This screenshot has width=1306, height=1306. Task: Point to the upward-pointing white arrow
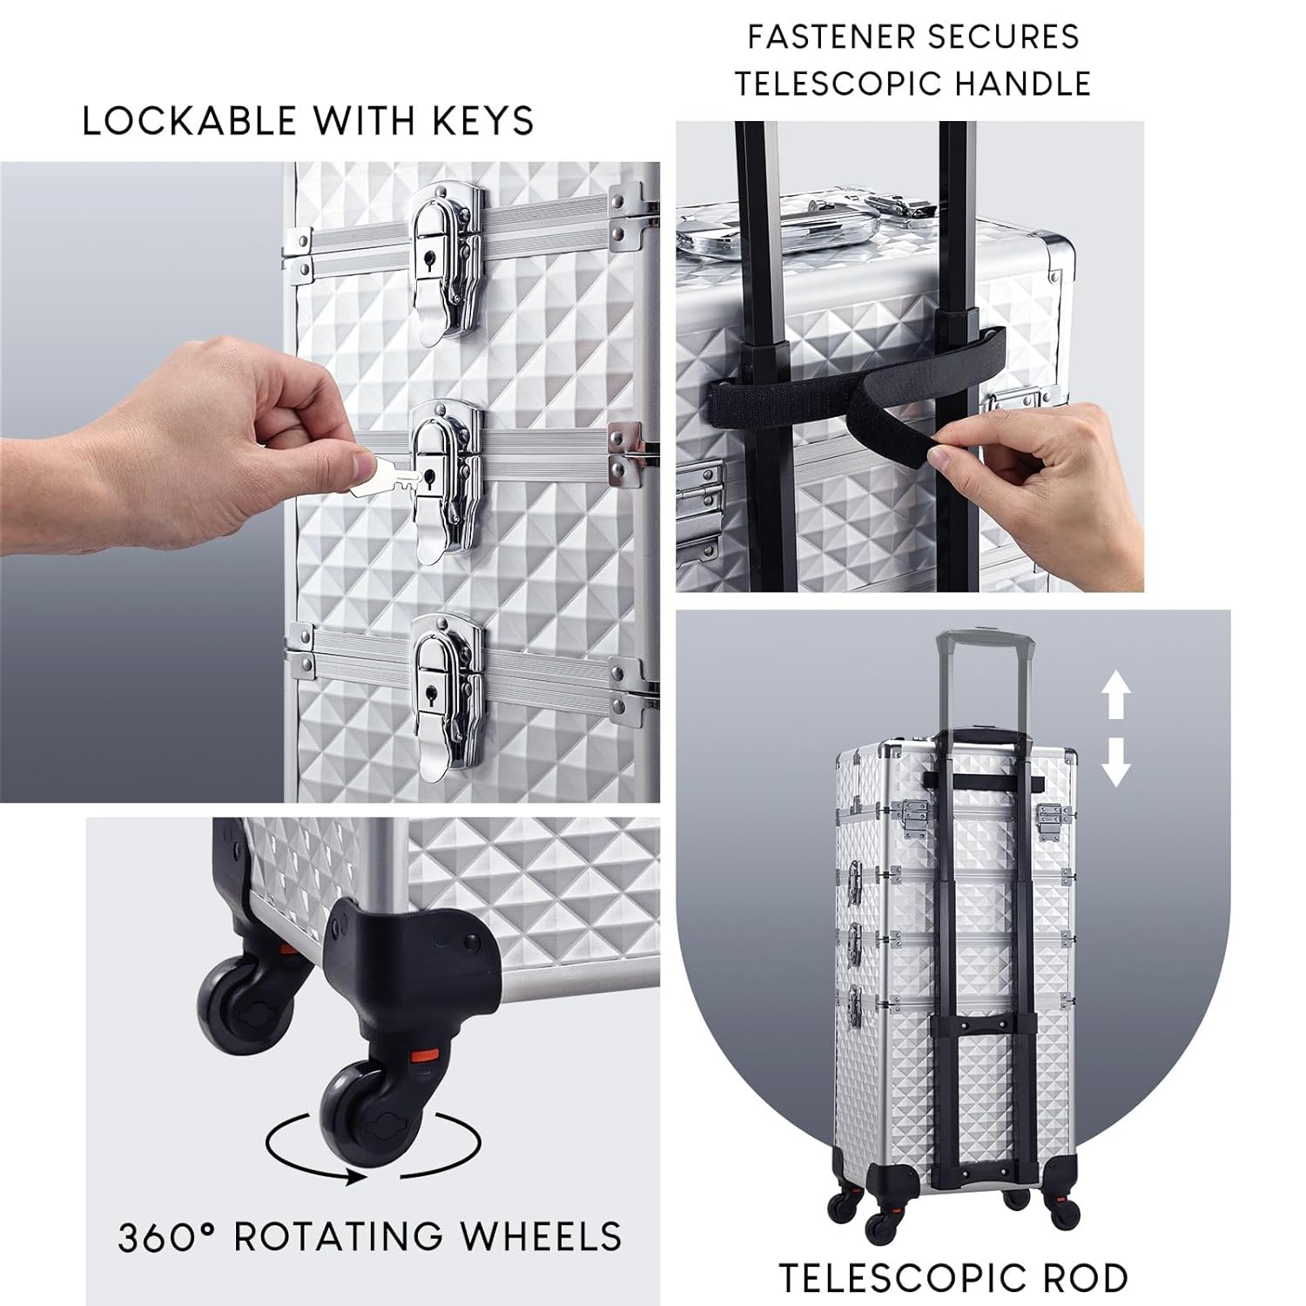[1116, 698]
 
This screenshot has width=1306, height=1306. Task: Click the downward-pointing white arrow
[1116, 759]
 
